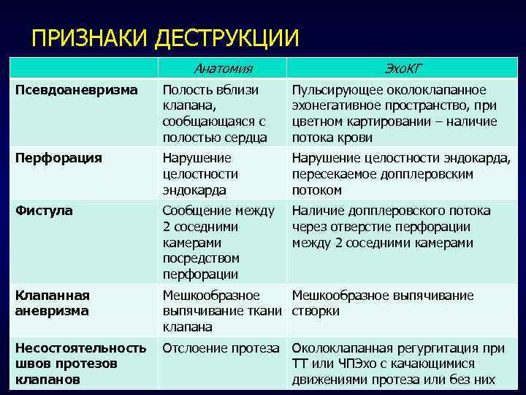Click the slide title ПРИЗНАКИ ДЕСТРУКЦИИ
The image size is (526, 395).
165,38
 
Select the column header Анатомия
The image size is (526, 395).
223,69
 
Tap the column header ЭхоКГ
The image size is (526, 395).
403,69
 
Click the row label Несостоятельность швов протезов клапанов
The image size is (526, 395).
80,364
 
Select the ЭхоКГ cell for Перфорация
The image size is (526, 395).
401,173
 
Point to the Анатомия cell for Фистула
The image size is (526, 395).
218,242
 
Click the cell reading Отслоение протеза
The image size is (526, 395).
221,348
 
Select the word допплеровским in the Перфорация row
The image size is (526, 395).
432,174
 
